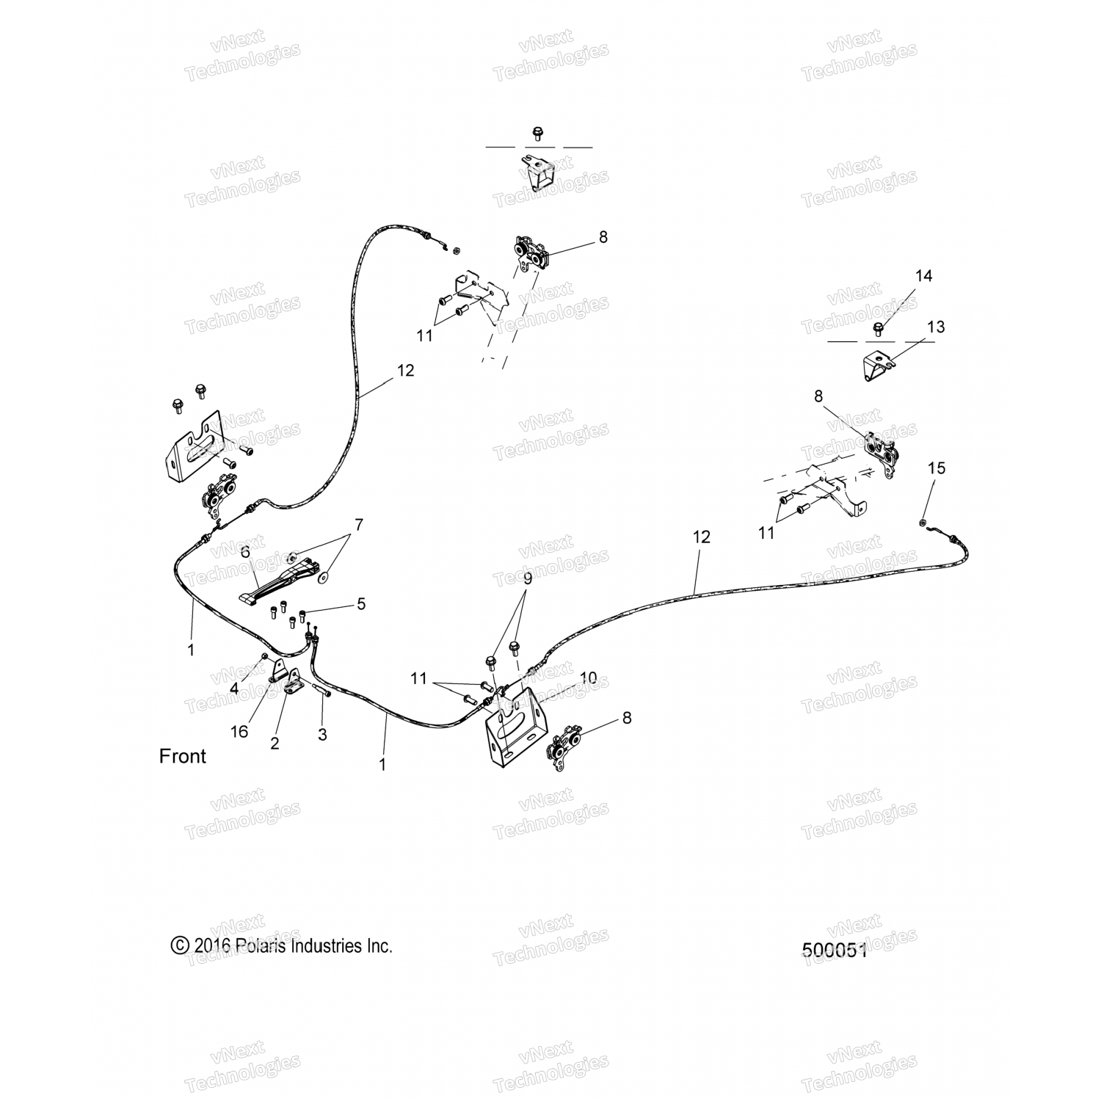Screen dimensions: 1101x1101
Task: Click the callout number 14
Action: [923, 276]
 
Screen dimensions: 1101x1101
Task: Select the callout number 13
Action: [936, 327]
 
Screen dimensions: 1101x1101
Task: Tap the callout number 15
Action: [937, 468]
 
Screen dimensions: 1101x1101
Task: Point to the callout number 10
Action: [589, 677]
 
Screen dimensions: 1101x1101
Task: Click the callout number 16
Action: [239, 732]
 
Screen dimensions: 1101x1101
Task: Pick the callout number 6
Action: [245, 551]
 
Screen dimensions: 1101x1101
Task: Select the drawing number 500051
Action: [835, 951]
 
